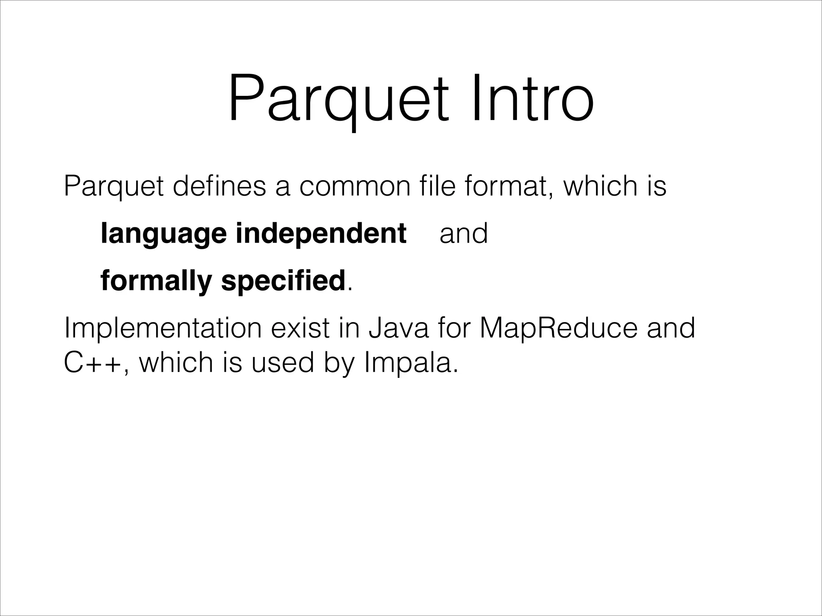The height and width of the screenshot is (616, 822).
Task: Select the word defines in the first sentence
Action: point(219,186)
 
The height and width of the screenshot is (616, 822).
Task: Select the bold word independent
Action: point(321,233)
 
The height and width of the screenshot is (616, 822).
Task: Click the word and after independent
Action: point(464,233)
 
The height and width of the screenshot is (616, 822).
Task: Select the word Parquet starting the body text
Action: point(114,187)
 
